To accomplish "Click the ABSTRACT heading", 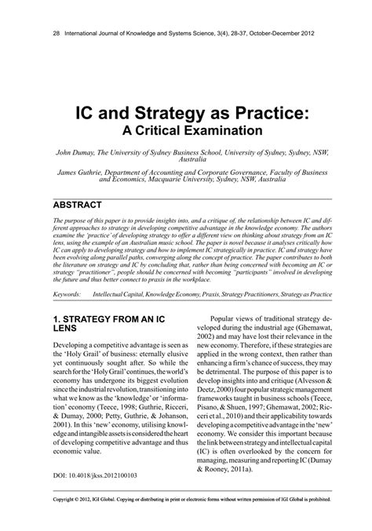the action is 77,205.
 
